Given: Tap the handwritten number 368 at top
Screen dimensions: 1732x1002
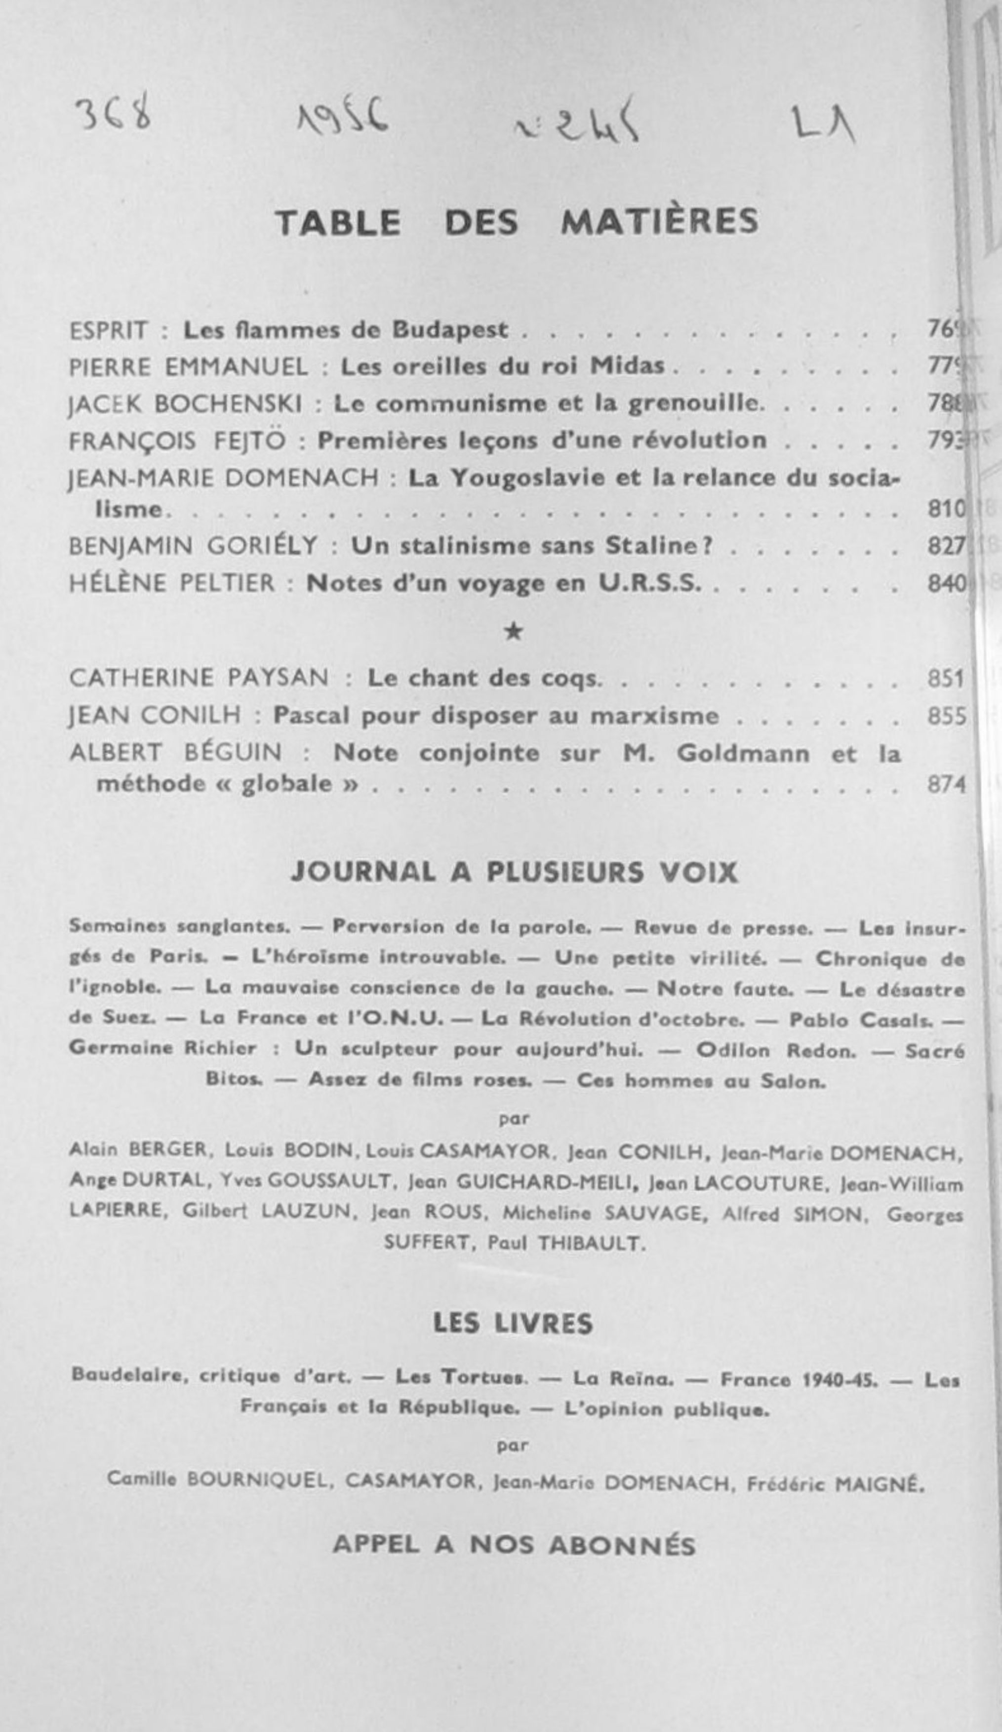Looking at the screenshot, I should tap(114, 115).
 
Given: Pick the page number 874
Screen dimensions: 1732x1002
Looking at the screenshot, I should tap(946, 784).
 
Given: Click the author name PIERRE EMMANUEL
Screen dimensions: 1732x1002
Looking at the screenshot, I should tap(188, 367).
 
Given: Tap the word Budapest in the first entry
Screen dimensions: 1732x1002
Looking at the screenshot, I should tap(450, 330).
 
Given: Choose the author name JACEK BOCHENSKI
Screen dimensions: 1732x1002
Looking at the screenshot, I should tap(186, 404).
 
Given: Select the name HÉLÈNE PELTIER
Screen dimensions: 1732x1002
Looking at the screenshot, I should tap(172, 584).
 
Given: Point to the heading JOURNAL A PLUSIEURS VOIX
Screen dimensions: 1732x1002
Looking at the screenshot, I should tap(514, 872).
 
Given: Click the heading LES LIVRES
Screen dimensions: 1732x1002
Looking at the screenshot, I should tap(513, 1323).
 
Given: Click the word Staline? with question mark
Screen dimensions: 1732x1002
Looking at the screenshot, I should tap(658, 546).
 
